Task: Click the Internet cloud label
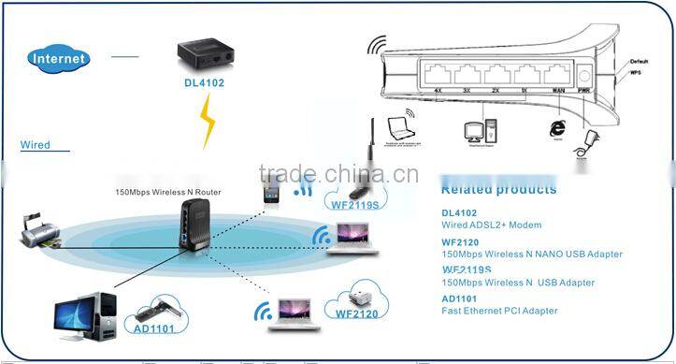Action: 60,58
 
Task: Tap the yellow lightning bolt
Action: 209,122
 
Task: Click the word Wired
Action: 36,145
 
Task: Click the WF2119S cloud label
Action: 352,198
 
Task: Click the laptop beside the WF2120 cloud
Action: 289,312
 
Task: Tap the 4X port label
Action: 438,92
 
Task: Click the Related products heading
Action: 497,190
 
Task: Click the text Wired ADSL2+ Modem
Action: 491,226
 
